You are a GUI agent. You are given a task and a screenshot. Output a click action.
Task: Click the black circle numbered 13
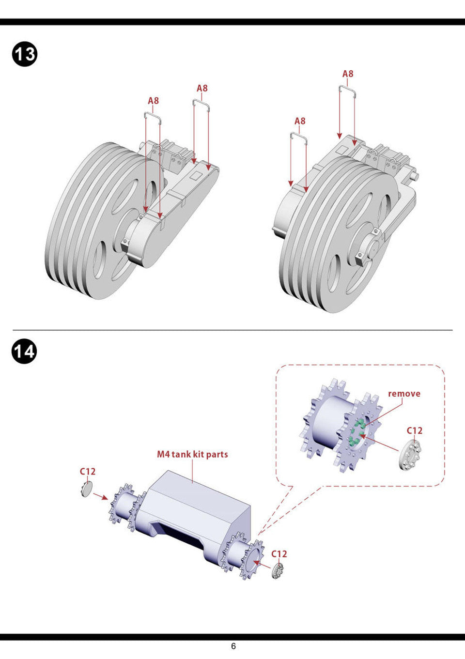[x=24, y=54]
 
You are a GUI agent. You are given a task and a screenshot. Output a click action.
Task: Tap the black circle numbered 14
[x=24, y=351]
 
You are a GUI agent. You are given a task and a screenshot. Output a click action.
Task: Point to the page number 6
[x=233, y=646]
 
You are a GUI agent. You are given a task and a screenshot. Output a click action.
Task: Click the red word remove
[x=404, y=394]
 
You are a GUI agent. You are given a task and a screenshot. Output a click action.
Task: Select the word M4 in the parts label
[x=163, y=454]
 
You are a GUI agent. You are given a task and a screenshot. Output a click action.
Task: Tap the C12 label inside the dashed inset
[x=414, y=430]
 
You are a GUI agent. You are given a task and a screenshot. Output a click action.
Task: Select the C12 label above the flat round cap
[x=88, y=471]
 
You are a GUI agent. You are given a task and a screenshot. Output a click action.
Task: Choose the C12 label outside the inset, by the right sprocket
[x=279, y=553]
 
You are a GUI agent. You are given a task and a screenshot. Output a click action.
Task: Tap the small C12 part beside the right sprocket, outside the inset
[x=278, y=571]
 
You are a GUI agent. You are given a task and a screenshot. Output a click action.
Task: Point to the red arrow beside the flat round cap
[x=100, y=496]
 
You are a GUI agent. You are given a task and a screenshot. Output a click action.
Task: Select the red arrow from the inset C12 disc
[x=380, y=443]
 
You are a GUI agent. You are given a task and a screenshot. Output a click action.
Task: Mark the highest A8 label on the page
[x=348, y=74]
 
